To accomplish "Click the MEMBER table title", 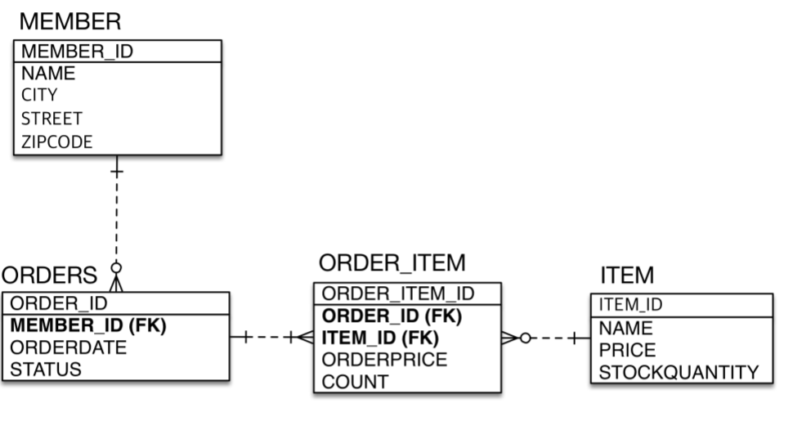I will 69,21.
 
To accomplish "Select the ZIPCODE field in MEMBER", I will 56,141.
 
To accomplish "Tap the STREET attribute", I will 52,119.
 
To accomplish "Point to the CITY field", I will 39,96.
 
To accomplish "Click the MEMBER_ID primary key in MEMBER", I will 77,52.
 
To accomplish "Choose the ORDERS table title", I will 49,275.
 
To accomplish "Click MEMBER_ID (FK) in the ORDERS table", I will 88,325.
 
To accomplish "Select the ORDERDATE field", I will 69,347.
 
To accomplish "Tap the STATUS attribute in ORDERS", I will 46,369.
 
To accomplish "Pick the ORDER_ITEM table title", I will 392,263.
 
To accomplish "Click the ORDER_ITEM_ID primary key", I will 398,293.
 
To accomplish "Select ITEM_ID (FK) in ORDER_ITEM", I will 380,338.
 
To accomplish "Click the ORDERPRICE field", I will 385,360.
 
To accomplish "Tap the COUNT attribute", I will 355,381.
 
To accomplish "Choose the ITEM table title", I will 627,275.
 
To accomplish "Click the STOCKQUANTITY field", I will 679,373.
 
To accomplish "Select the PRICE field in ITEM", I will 627,351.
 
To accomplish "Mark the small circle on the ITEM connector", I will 525,338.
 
